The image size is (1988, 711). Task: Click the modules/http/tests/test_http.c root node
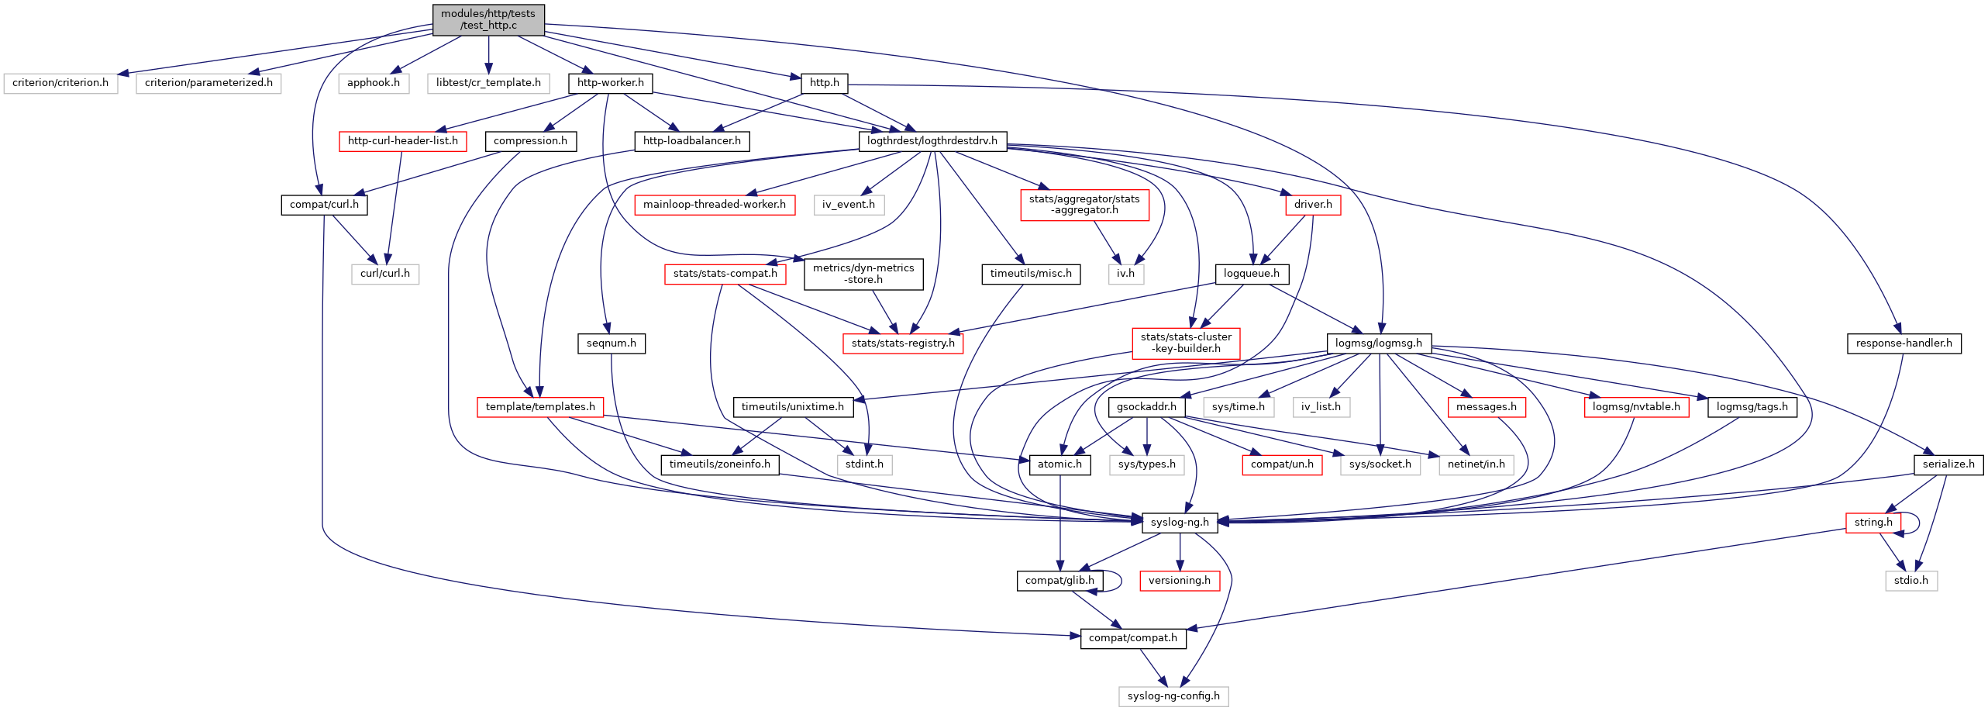point(488,19)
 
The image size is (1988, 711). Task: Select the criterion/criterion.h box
point(60,83)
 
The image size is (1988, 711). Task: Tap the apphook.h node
point(374,83)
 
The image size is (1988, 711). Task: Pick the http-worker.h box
point(611,83)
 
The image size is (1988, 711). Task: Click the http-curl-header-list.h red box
point(402,141)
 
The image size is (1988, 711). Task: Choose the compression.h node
point(530,141)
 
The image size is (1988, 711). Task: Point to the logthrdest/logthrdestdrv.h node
point(932,141)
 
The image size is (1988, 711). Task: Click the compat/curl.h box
point(324,205)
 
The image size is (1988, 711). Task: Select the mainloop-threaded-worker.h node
point(714,205)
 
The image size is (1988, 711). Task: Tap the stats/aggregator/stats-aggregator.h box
point(1084,205)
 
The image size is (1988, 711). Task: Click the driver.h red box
point(1313,205)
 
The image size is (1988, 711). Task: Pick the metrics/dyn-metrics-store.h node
point(863,274)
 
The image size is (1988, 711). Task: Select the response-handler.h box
point(1904,343)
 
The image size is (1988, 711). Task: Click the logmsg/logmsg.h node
point(1379,343)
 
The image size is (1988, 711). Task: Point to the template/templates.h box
point(540,407)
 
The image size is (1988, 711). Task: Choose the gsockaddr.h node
point(1147,407)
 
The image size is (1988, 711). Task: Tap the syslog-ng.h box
point(1180,523)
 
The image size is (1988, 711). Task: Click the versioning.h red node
point(1180,581)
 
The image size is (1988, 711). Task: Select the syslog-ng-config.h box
point(1173,696)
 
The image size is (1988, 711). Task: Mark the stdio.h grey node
point(1911,581)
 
